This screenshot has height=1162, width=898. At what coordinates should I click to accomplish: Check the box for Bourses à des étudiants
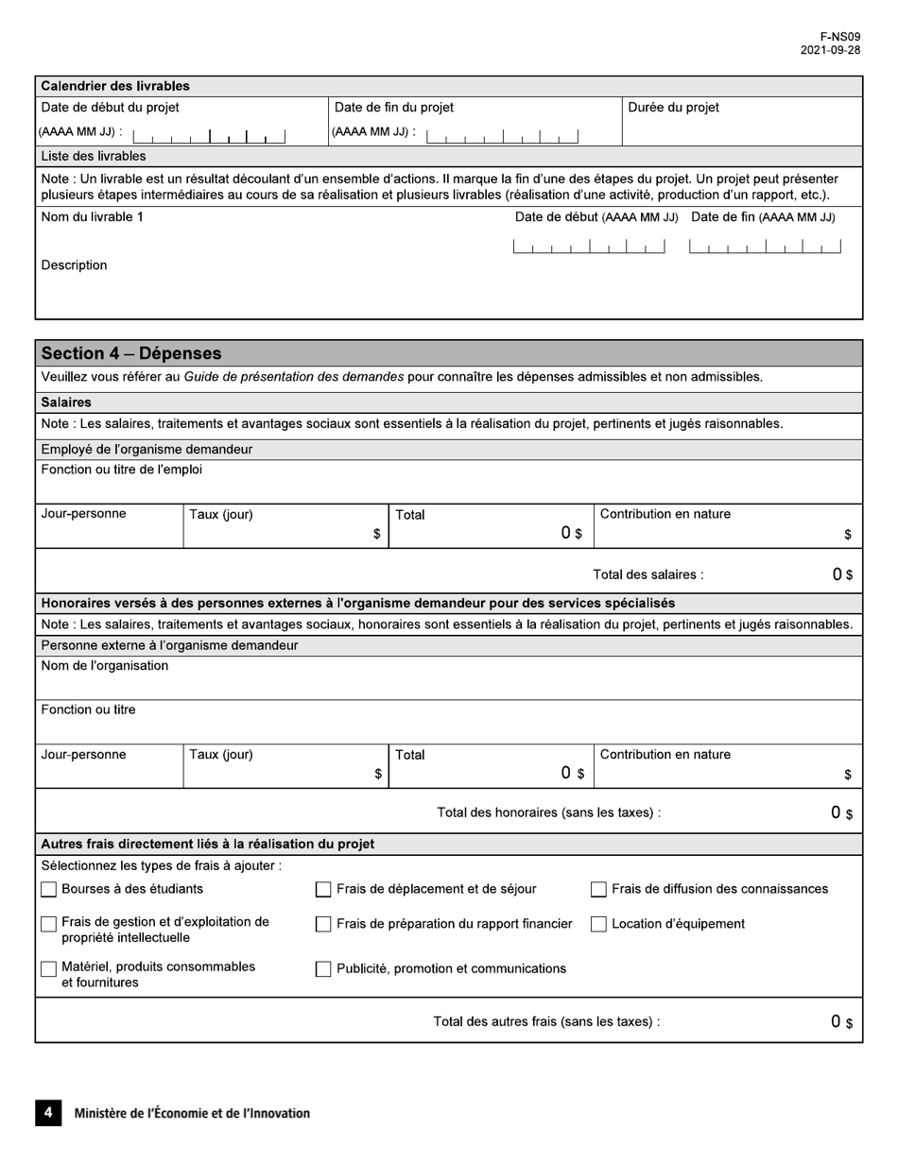tap(49, 889)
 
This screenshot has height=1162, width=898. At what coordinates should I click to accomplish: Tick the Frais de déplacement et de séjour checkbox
tap(323, 889)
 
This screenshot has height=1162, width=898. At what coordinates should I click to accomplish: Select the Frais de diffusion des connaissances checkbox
tap(598, 889)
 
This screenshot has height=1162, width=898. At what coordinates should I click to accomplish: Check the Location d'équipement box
tap(598, 925)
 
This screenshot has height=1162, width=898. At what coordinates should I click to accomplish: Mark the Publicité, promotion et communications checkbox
tap(323, 969)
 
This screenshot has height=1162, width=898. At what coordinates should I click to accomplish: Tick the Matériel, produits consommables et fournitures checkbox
tap(49, 969)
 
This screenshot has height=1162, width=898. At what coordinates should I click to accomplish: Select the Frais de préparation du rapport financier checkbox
tap(323, 925)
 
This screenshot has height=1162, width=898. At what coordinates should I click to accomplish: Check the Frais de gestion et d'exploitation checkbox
tap(49, 924)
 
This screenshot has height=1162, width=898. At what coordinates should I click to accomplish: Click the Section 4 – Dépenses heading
tap(131, 353)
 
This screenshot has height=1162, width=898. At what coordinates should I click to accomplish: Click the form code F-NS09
tap(840, 37)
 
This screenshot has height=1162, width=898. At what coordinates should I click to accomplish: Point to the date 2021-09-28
tap(830, 51)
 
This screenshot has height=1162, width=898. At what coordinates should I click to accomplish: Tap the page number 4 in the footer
tap(48, 1113)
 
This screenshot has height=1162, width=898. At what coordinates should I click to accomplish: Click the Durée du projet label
tap(673, 108)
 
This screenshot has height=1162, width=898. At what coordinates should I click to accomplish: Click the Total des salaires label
tap(648, 574)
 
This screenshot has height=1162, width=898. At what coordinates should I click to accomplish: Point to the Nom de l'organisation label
tap(105, 666)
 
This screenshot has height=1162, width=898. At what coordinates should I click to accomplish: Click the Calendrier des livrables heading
tap(115, 86)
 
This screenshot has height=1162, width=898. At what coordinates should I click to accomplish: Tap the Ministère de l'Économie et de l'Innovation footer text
tap(192, 1114)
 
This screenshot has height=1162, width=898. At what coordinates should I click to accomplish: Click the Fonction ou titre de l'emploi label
tap(122, 470)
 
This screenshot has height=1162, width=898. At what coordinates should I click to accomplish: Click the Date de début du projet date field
tap(209, 135)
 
